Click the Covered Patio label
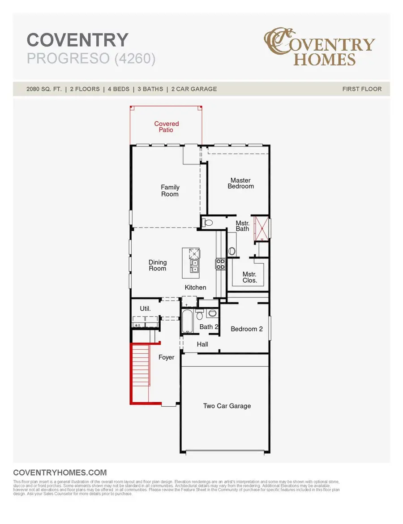[x=167, y=127]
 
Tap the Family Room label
[x=170, y=191]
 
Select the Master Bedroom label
[x=240, y=183]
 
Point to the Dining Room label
[x=158, y=265]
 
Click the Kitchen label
[x=196, y=287]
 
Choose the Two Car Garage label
[x=227, y=406]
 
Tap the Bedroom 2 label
[x=247, y=329]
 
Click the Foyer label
[x=167, y=357]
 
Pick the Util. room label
[x=145, y=309]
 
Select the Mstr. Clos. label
[x=249, y=277]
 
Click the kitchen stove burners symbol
[x=220, y=264]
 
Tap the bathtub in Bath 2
[x=187, y=321]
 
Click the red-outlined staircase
[x=141, y=374]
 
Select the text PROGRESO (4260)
[x=91, y=59]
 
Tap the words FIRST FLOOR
[x=362, y=89]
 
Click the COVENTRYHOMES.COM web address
[x=60, y=472]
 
